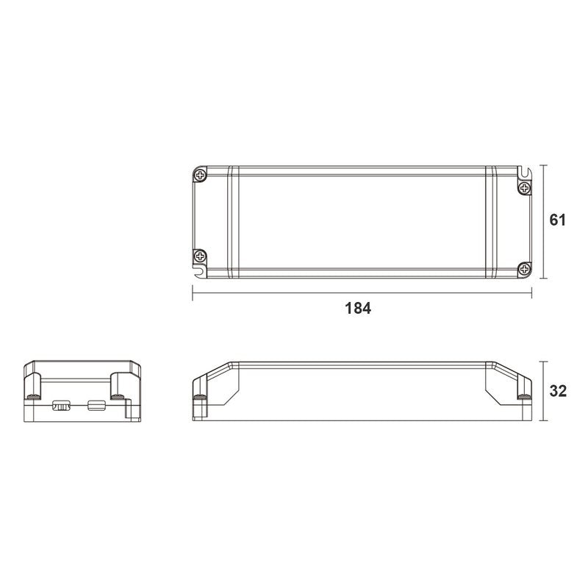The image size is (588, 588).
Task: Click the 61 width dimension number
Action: pyautogui.click(x=558, y=220)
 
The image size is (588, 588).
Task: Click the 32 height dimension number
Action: pyautogui.click(x=558, y=391)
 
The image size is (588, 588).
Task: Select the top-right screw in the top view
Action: pyautogui.click(x=524, y=189)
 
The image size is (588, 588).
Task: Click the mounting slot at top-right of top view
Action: pyautogui.click(x=524, y=172)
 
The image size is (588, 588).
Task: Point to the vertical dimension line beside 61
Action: pyautogui.click(x=542, y=220)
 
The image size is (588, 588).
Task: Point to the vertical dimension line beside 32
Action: pyautogui.click(x=542, y=391)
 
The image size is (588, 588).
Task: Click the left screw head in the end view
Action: pyautogui.click(x=32, y=397)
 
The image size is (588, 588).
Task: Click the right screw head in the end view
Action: pyautogui.click(x=116, y=397)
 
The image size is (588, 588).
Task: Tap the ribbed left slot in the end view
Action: pyautogui.click(x=61, y=404)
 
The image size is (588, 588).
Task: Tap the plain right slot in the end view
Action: pyautogui.click(x=96, y=404)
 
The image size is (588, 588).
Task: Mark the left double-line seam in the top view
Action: pyautogui.click(x=230, y=223)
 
